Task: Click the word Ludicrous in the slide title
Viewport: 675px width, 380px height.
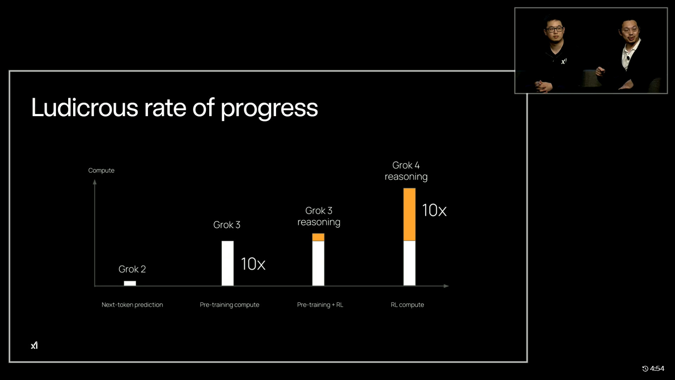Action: click(85, 108)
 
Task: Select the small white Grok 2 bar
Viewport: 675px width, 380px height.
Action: click(130, 283)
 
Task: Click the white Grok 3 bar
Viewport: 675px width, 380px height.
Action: click(227, 263)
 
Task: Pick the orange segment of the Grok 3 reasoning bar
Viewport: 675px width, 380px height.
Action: click(318, 237)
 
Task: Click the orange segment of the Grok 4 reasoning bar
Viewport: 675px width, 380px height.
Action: click(409, 215)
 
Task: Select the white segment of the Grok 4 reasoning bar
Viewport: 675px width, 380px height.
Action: click(409, 263)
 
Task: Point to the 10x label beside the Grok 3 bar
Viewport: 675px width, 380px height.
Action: click(253, 264)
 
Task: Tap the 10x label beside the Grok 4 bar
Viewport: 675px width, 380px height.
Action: click(434, 210)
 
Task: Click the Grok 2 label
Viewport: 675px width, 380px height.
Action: click(132, 269)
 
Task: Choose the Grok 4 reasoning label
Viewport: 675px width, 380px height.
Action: click(406, 171)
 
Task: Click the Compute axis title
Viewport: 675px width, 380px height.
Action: click(101, 170)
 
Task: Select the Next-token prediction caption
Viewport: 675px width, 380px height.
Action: click(132, 305)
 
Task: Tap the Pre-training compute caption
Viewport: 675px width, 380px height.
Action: click(230, 305)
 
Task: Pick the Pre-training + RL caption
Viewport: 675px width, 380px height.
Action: click(320, 305)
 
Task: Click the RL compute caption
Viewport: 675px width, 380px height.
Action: click(407, 305)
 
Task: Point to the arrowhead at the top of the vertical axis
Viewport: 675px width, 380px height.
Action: click(95, 182)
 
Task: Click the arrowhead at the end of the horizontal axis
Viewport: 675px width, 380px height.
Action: click(446, 286)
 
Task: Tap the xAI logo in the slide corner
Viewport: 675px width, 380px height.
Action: click(34, 346)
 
